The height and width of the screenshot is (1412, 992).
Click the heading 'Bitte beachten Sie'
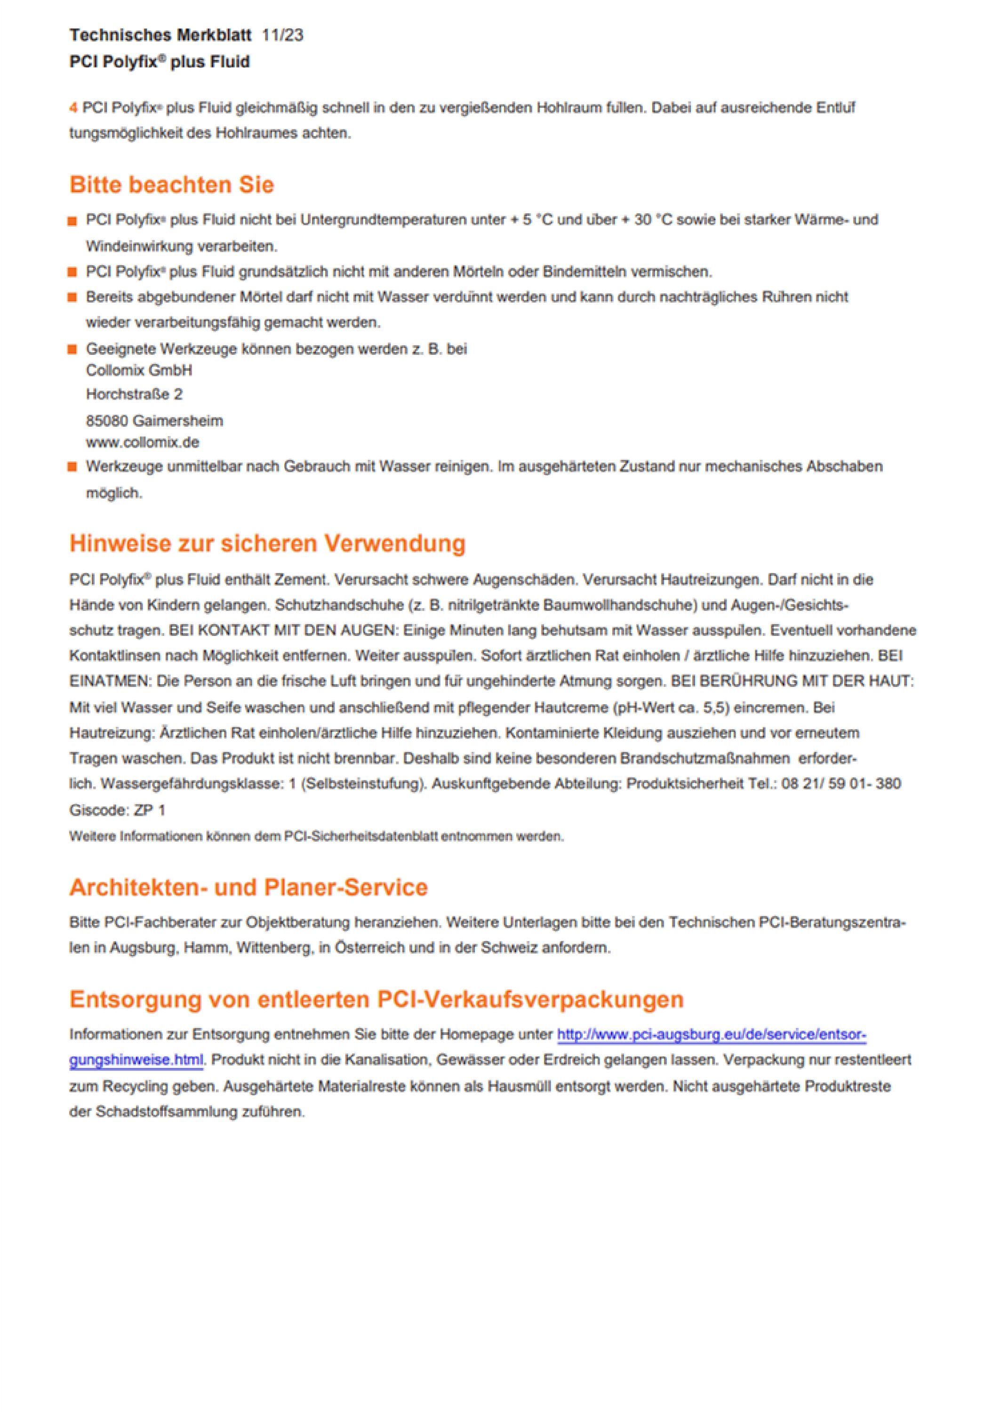click(172, 185)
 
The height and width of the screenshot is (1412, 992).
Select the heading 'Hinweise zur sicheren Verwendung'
click(267, 544)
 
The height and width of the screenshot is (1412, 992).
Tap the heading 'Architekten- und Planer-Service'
click(248, 887)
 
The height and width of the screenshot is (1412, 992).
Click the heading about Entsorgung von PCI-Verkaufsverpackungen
click(376, 999)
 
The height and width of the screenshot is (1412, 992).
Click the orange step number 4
click(73, 108)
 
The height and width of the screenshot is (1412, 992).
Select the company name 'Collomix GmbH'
click(139, 370)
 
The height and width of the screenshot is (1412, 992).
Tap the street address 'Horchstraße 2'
click(134, 394)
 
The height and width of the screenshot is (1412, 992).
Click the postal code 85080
click(107, 421)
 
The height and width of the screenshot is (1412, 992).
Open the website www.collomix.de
click(143, 442)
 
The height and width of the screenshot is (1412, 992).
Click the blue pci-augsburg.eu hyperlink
click(711, 1035)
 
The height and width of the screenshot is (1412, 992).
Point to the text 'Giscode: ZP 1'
click(118, 810)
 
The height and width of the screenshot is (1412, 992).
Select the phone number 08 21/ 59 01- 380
click(841, 784)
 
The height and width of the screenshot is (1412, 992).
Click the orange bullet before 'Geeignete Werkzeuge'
click(72, 349)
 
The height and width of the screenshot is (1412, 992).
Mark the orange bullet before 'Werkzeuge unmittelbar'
click(72, 467)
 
